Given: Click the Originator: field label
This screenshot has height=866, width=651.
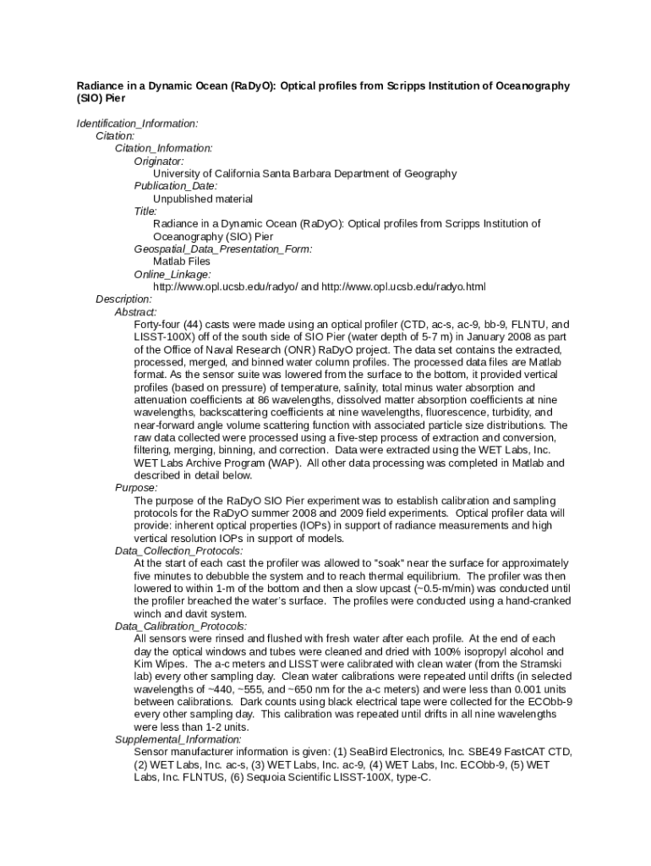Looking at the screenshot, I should pos(159,161).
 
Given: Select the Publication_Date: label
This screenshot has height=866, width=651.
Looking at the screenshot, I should pos(176,186).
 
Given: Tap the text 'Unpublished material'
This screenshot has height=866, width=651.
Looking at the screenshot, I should pos(203,199).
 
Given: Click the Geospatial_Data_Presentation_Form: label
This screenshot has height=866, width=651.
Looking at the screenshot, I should pos(223,249).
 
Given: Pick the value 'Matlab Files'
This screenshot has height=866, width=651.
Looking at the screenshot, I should pos(182,261).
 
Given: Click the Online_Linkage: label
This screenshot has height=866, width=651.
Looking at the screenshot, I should pos(172,274).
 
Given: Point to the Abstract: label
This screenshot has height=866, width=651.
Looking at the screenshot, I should pos(136,312).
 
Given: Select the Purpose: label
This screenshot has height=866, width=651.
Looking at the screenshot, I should pos(136,488).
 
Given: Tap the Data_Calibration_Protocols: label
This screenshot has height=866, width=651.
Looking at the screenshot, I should pos(181,626).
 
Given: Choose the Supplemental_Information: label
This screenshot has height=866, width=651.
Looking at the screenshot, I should pos(177,739).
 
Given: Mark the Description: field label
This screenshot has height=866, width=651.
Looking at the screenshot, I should pos(123,299).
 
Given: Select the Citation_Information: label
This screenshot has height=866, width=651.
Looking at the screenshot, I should pos(164,148).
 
